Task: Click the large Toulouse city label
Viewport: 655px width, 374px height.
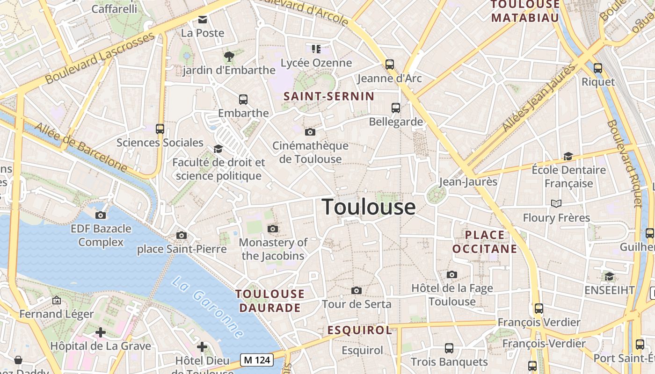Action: tap(369, 207)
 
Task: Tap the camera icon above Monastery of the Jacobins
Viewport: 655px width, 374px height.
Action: tap(273, 229)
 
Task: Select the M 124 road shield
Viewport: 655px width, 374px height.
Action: tap(257, 360)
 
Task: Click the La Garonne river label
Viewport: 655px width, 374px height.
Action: tap(207, 307)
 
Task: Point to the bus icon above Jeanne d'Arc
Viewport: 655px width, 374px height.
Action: tap(389, 64)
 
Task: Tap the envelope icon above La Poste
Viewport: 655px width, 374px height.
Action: tap(203, 19)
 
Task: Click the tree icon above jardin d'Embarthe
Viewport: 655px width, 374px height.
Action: tap(229, 57)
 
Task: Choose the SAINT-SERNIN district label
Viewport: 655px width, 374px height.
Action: tap(329, 96)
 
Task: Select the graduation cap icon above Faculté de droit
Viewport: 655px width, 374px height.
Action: tap(218, 149)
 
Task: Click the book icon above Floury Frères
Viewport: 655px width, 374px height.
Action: tap(556, 203)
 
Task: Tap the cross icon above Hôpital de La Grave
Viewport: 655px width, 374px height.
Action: tap(100, 332)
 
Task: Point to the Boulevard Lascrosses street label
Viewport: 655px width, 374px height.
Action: tap(101, 58)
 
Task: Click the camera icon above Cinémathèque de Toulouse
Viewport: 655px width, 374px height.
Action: tap(310, 132)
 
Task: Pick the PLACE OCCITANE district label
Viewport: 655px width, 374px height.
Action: tap(485, 242)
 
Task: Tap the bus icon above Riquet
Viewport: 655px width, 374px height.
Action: tap(597, 68)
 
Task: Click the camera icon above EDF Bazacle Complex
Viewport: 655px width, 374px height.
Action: tap(101, 215)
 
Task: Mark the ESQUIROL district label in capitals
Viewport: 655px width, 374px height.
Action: tap(359, 330)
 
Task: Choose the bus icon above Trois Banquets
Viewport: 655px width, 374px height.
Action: tap(449, 348)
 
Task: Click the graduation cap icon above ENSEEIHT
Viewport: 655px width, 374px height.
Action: tap(609, 276)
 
